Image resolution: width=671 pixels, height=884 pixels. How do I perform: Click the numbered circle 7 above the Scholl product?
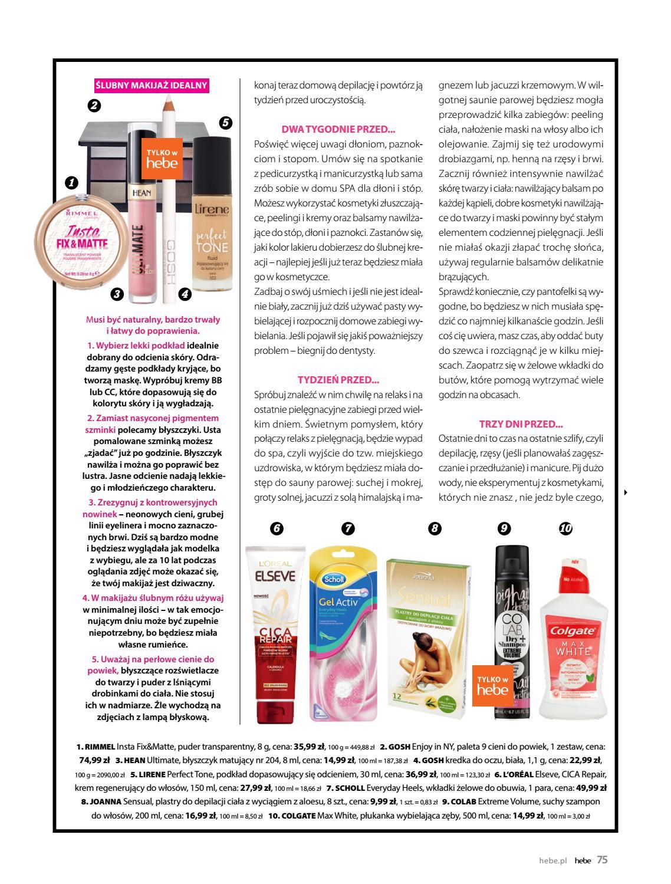(x=348, y=528)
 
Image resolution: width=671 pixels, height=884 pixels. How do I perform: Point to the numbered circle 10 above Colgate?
(x=565, y=528)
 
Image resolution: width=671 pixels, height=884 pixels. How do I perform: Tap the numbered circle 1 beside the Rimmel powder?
(x=71, y=183)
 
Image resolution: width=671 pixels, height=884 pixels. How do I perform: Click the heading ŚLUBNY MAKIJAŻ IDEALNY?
(x=152, y=86)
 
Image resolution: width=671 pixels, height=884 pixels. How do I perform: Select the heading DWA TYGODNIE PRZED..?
(x=338, y=129)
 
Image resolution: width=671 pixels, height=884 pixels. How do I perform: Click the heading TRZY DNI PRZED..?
(x=521, y=424)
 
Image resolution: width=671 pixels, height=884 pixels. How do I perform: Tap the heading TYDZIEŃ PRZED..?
(x=338, y=380)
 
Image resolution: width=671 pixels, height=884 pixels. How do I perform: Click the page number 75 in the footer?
(x=602, y=860)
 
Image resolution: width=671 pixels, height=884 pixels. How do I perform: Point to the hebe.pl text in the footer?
(x=552, y=860)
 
